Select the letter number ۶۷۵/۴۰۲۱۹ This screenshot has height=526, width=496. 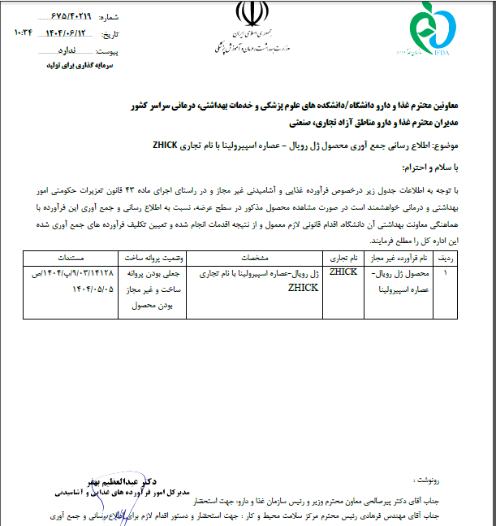[74, 16]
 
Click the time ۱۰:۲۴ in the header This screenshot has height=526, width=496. [24, 35]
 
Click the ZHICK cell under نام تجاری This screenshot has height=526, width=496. [343, 272]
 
